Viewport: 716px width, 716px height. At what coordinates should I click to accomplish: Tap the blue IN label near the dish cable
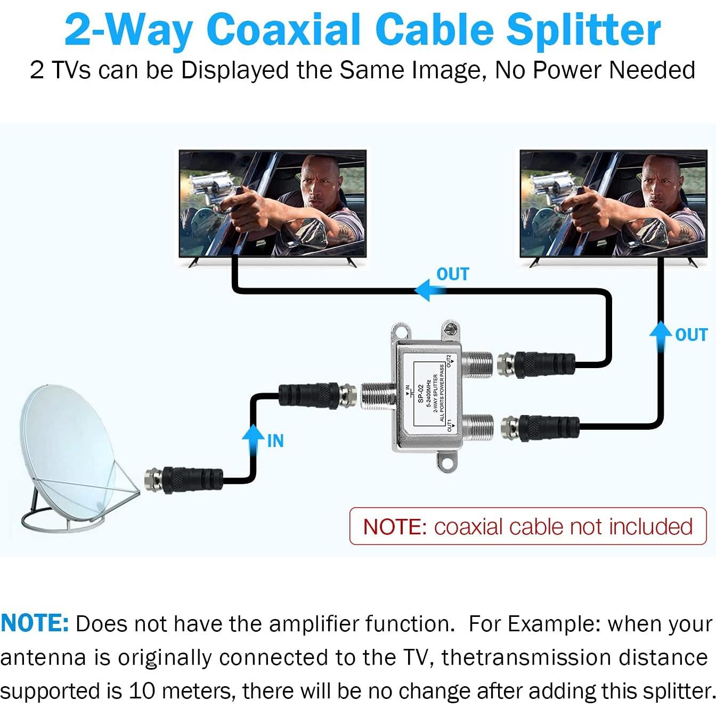coord(275,441)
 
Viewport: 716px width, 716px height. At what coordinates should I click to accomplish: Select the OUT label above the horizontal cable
coord(452,274)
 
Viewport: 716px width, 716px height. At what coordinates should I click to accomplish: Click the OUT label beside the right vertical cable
coord(691,335)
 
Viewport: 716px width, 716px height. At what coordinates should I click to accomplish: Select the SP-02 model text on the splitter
coord(420,394)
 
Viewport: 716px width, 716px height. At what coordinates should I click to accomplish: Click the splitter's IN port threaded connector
coord(378,395)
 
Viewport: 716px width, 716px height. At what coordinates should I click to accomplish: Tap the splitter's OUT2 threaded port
coord(477,364)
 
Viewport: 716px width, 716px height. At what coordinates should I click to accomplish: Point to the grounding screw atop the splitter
coord(451,329)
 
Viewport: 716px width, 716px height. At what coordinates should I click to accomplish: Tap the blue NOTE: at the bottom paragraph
coord(35,623)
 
